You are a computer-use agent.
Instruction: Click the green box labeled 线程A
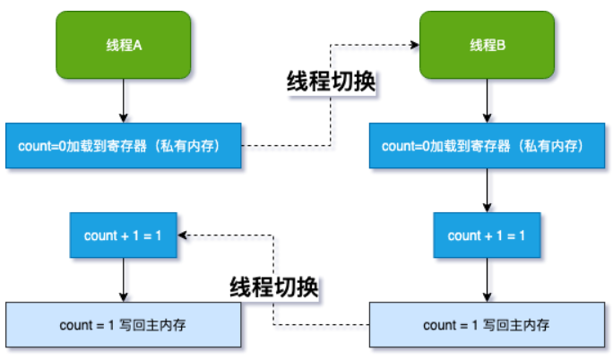tap(124, 44)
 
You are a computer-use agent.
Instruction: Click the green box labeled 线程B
tap(488, 44)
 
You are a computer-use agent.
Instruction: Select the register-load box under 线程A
tap(124, 144)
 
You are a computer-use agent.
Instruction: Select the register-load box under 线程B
tap(488, 144)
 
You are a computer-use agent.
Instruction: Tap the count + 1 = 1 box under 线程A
tap(124, 236)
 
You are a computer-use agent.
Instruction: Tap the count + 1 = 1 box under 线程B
tap(488, 236)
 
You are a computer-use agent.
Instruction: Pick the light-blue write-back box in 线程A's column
tap(124, 324)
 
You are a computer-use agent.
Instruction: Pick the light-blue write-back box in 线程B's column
tap(488, 324)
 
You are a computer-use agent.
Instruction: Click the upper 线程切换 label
tap(331, 81)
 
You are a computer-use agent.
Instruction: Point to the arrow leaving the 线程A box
tap(124, 99)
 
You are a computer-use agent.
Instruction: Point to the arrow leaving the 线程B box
tap(488, 99)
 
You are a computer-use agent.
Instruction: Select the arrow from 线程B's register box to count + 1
tap(488, 190)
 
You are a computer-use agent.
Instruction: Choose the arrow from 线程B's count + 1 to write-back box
tap(488, 280)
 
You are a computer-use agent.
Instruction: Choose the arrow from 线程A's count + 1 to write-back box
tap(124, 280)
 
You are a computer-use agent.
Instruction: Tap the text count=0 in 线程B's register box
tap(404, 144)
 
